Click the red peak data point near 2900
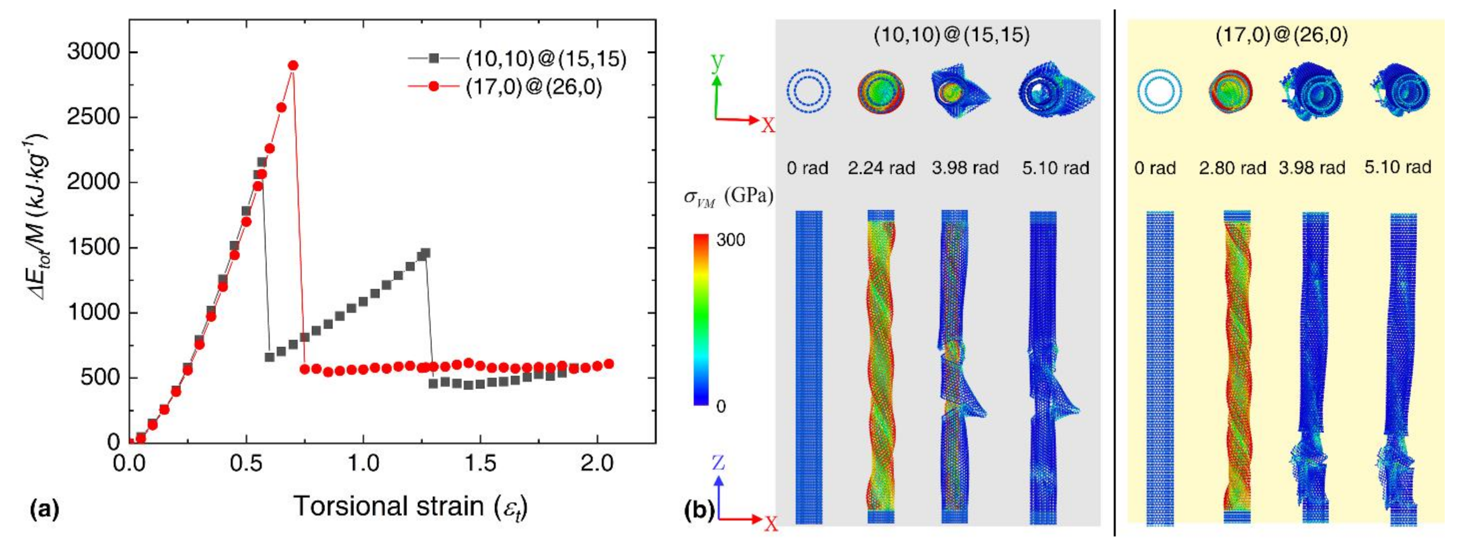(x=293, y=66)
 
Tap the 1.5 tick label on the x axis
(x=480, y=464)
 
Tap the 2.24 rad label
(x=881, y=168)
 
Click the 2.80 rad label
(x=1232, y=168)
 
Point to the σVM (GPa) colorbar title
(x=728, y=197)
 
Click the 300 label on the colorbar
(x=730, y=240)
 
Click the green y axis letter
(x=717, y=62)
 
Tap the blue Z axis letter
(x=718, y=462)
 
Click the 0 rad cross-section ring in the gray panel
(x=808, y=91)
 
